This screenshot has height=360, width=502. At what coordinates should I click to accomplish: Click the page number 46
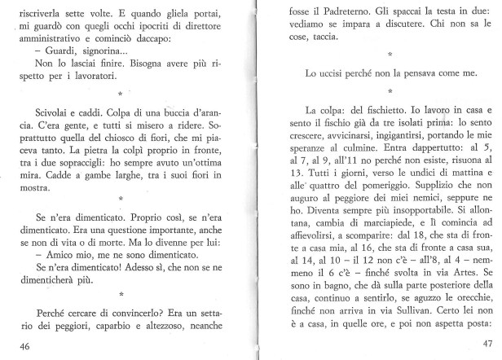point(24,345)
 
